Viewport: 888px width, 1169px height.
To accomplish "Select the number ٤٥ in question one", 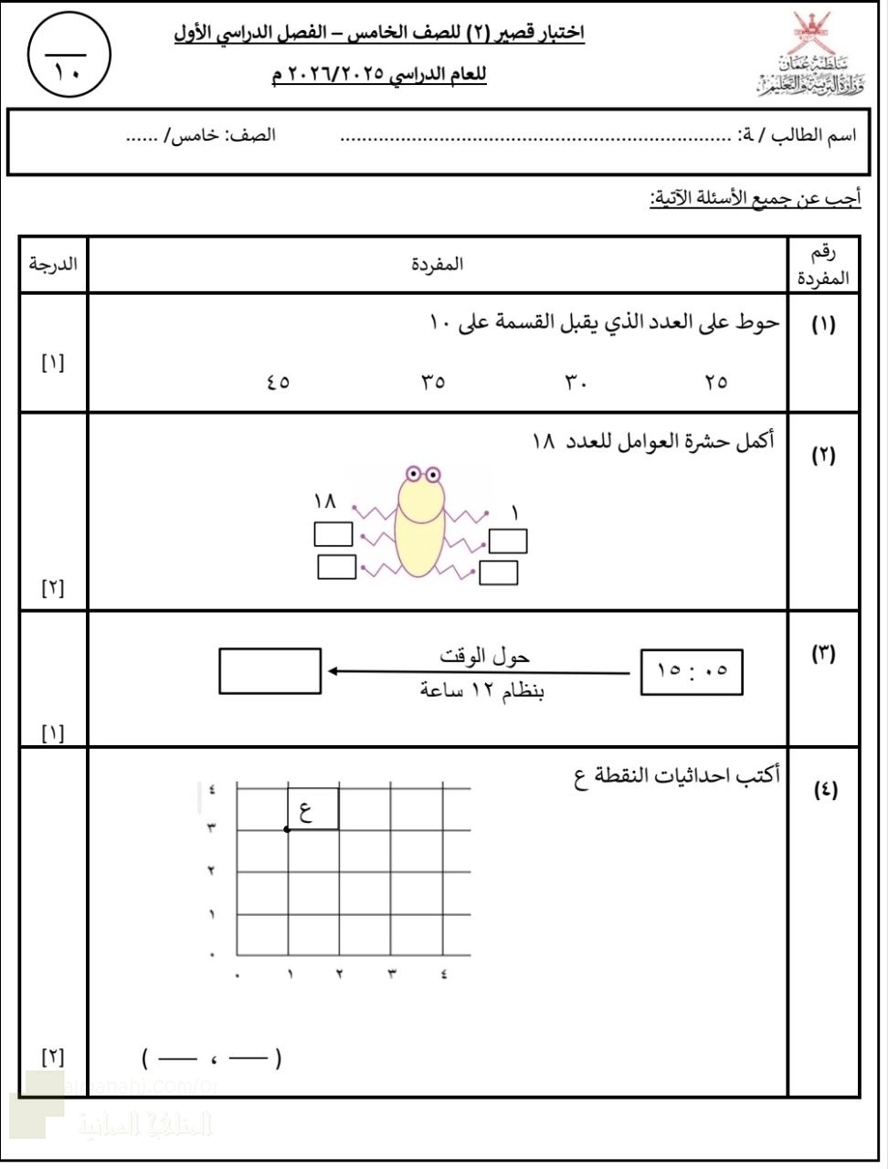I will coord(279,382).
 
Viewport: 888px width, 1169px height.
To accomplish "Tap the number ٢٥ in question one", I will coord(716,382).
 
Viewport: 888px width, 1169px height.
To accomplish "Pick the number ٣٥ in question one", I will coord(433,382).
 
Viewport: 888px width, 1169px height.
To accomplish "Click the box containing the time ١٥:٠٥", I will coord(692,672).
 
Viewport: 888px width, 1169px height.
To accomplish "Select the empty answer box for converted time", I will coord(270,671).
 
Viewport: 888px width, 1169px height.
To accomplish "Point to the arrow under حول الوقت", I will coord(480,672).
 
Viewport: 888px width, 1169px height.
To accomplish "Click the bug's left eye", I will coord(413,474).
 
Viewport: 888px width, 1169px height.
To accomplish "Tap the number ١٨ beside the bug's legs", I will coord(325,501).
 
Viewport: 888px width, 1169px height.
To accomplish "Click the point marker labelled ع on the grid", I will coord(287,829).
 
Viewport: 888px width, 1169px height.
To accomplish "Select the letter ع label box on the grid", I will coord(312,809).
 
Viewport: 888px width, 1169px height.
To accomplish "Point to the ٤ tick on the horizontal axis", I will coord(444,974).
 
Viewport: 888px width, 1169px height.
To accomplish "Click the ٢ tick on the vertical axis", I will coord(211,871).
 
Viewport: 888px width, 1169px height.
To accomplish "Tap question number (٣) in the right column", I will coord(823,654).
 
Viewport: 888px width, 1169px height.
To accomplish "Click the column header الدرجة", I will coord(53,264).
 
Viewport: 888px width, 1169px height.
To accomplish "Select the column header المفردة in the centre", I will coord(438,264).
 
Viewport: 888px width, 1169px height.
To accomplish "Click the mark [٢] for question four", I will coord(53,1058).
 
